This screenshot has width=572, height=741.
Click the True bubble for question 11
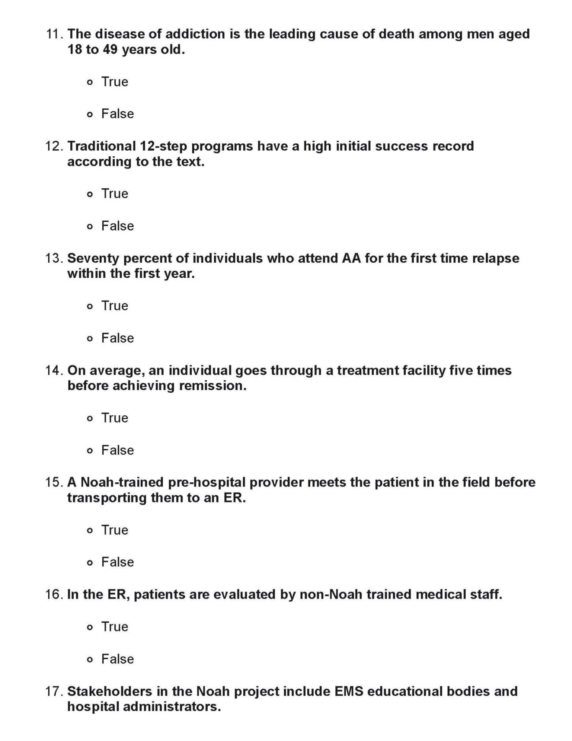tap(90, 83)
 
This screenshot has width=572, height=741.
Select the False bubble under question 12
tap(90, 227)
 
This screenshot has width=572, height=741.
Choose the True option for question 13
tap(90, 306)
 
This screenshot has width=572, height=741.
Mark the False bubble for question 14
tap(90, 451)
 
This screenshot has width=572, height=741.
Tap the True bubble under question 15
tap(90, 531)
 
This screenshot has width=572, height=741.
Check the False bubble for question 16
tap(90, 660)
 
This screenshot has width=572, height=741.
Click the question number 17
tap(54, 691)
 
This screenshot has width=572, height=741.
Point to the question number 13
tap(54, 258)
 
